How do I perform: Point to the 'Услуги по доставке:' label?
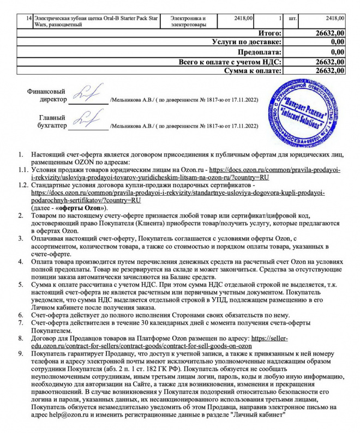(x=247, y=42)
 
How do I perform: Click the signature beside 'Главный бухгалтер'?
(x=87, y=119)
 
